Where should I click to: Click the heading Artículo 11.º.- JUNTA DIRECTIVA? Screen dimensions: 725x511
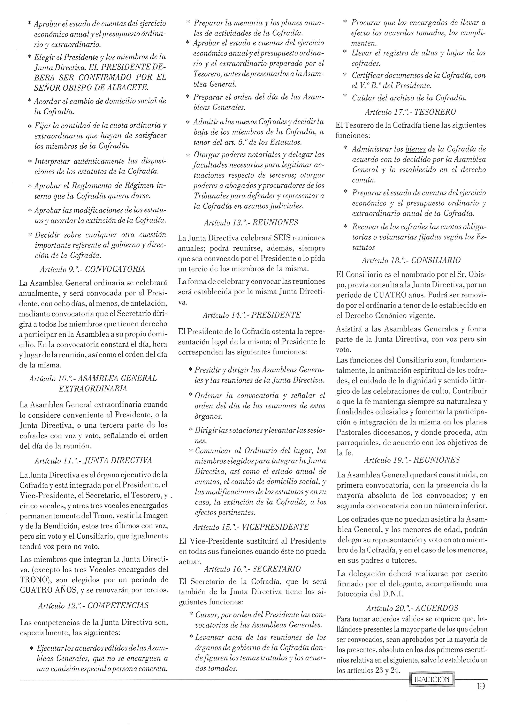point(93,461)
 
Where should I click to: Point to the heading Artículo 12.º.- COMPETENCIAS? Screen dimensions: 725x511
point(93,606)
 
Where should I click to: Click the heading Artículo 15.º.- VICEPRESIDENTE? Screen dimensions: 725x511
point(251,527)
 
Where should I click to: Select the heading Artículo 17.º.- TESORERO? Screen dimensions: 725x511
point(410,112)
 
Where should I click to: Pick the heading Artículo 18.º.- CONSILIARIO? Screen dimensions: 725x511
point(411,261)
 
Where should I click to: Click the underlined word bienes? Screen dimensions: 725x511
point(415,149)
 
